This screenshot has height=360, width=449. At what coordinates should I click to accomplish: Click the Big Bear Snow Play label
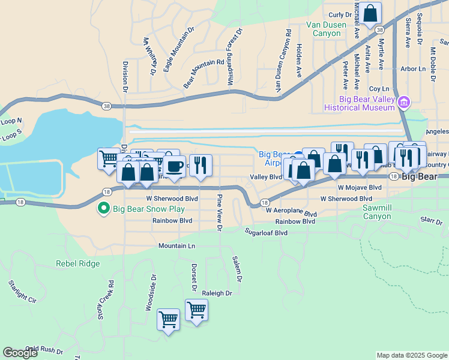click(146, 209)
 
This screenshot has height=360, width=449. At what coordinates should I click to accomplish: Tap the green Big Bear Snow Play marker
click(103, 209)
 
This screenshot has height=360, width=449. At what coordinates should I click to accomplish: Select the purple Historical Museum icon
click(405, 103)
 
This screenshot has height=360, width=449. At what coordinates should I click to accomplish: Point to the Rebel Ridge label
click(77, 263)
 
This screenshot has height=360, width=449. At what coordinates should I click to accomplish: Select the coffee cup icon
click(175, 166)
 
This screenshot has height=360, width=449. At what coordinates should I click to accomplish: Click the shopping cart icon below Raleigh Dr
click(196, 310)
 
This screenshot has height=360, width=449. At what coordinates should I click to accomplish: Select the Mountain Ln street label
click(176, 246)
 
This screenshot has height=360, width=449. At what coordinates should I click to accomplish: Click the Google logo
click(20, 353)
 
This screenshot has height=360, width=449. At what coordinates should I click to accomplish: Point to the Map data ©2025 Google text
click(411, 355)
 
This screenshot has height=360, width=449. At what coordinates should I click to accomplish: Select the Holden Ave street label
click(298, 59)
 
